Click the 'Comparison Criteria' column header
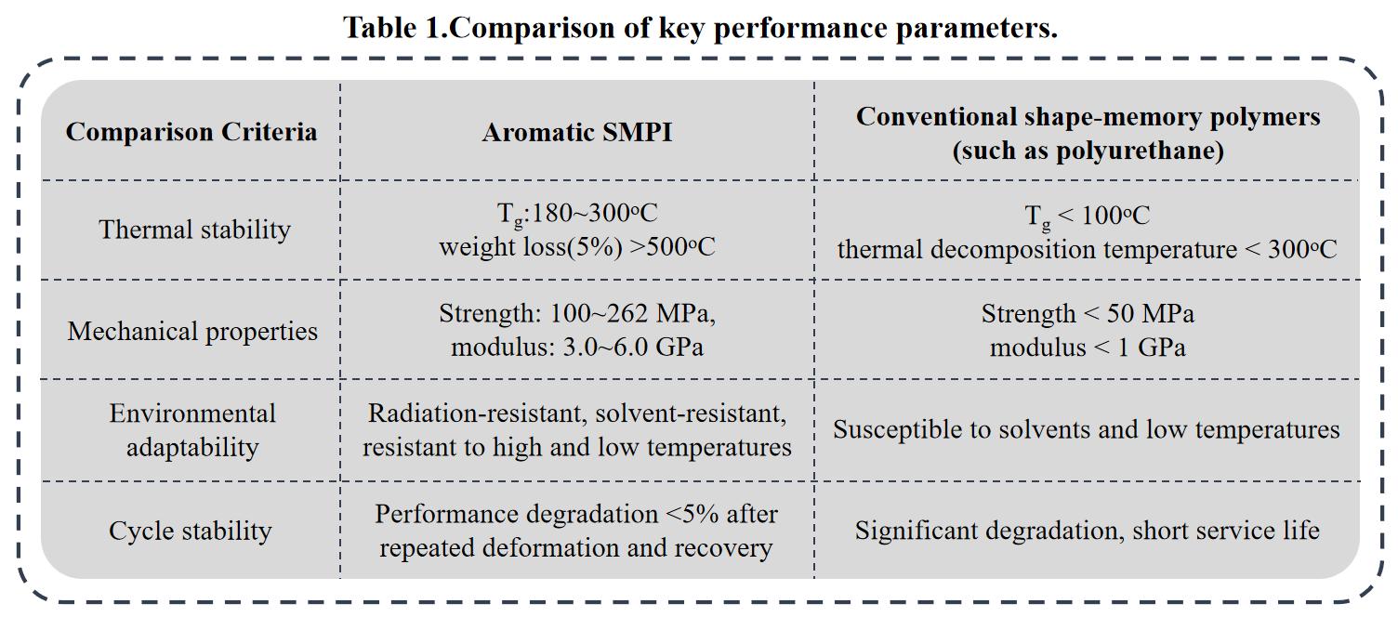tap(191, 132)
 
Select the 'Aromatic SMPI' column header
tap(576, 132)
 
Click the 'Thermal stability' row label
tap(194, 230)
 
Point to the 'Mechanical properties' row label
tap(192, 332)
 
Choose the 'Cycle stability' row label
tap(191, 531)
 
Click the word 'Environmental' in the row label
tap(192, 414)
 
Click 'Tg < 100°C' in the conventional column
tap(1087, 217)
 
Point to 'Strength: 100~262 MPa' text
tap(576, 314)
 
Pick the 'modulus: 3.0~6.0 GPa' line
tap(576, 348)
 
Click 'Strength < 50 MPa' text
tap(1087, 314)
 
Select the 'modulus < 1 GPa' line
tap(1087, 348)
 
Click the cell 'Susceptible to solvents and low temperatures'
tap(1086, 429)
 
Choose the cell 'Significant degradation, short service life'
tap(1087, 531)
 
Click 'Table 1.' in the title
tap(395, 28)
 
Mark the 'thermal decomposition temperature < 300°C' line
tap(1087, 249)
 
